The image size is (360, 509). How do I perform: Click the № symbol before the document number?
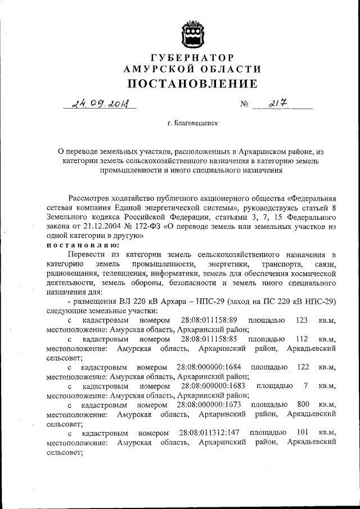coord(244,105)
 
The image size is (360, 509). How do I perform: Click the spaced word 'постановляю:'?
coord(73,246)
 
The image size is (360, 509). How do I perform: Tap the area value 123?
coord(301,320)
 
